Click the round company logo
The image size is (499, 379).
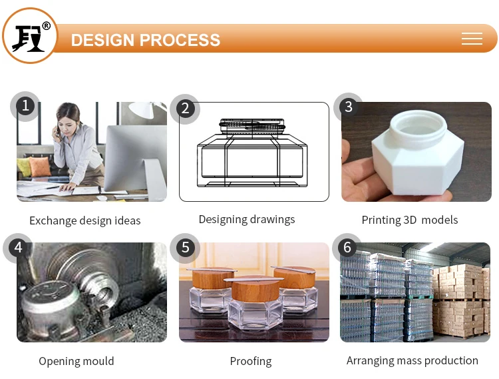30,36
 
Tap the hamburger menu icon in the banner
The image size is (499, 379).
472,39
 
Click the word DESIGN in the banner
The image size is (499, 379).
102,40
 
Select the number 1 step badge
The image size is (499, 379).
25,106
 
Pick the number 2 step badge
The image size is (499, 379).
185,109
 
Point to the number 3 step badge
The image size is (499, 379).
348,107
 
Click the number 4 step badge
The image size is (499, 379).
18,248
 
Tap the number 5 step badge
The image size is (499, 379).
185,248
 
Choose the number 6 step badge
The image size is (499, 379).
347,248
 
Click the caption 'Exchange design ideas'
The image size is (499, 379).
85,220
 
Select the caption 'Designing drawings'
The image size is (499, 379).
247,219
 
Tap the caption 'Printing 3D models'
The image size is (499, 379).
410,220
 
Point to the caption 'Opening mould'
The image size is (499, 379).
77,361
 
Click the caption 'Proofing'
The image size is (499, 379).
251,361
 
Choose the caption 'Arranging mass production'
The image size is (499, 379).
413,360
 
